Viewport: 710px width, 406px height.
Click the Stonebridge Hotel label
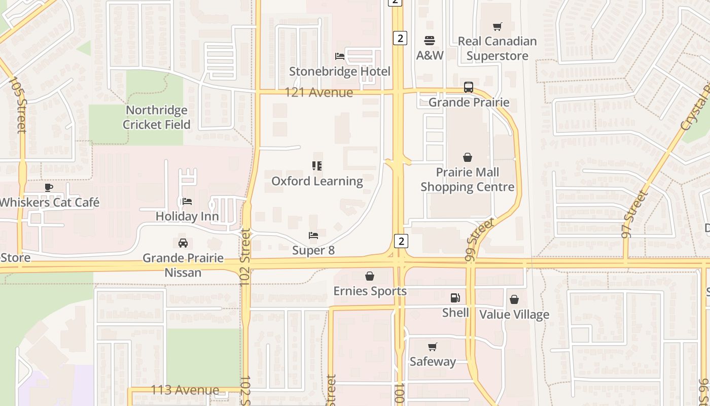(340, 72)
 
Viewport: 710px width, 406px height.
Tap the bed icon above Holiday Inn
(187, 201)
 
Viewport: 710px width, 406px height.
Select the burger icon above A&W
(430, 41)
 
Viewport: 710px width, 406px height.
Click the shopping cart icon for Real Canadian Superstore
(498, 26)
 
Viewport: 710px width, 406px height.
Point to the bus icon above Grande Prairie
(469, 87)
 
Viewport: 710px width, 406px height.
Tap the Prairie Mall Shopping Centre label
(468, 180)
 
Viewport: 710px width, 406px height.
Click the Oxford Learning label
(317, 181)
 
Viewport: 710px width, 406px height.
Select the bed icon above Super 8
(313, 235)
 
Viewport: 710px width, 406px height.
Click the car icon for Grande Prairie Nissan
(183, 243)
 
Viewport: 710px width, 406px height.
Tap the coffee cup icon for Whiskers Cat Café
(49, 187)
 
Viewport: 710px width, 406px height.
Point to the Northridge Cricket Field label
(157, 117)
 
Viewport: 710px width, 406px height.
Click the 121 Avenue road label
(318, 92)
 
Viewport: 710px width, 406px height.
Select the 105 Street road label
(18, 105)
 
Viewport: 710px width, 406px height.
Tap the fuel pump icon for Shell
(455, 298)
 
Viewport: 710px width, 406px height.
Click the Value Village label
(514, 315)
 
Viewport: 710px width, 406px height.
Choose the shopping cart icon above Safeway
(433, 347)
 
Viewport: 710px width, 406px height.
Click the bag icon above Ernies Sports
(370, 276)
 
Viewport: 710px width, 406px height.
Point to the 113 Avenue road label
(185, 390)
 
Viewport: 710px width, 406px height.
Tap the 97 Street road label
(634, 213)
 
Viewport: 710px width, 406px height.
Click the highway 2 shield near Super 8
(401, 241)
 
